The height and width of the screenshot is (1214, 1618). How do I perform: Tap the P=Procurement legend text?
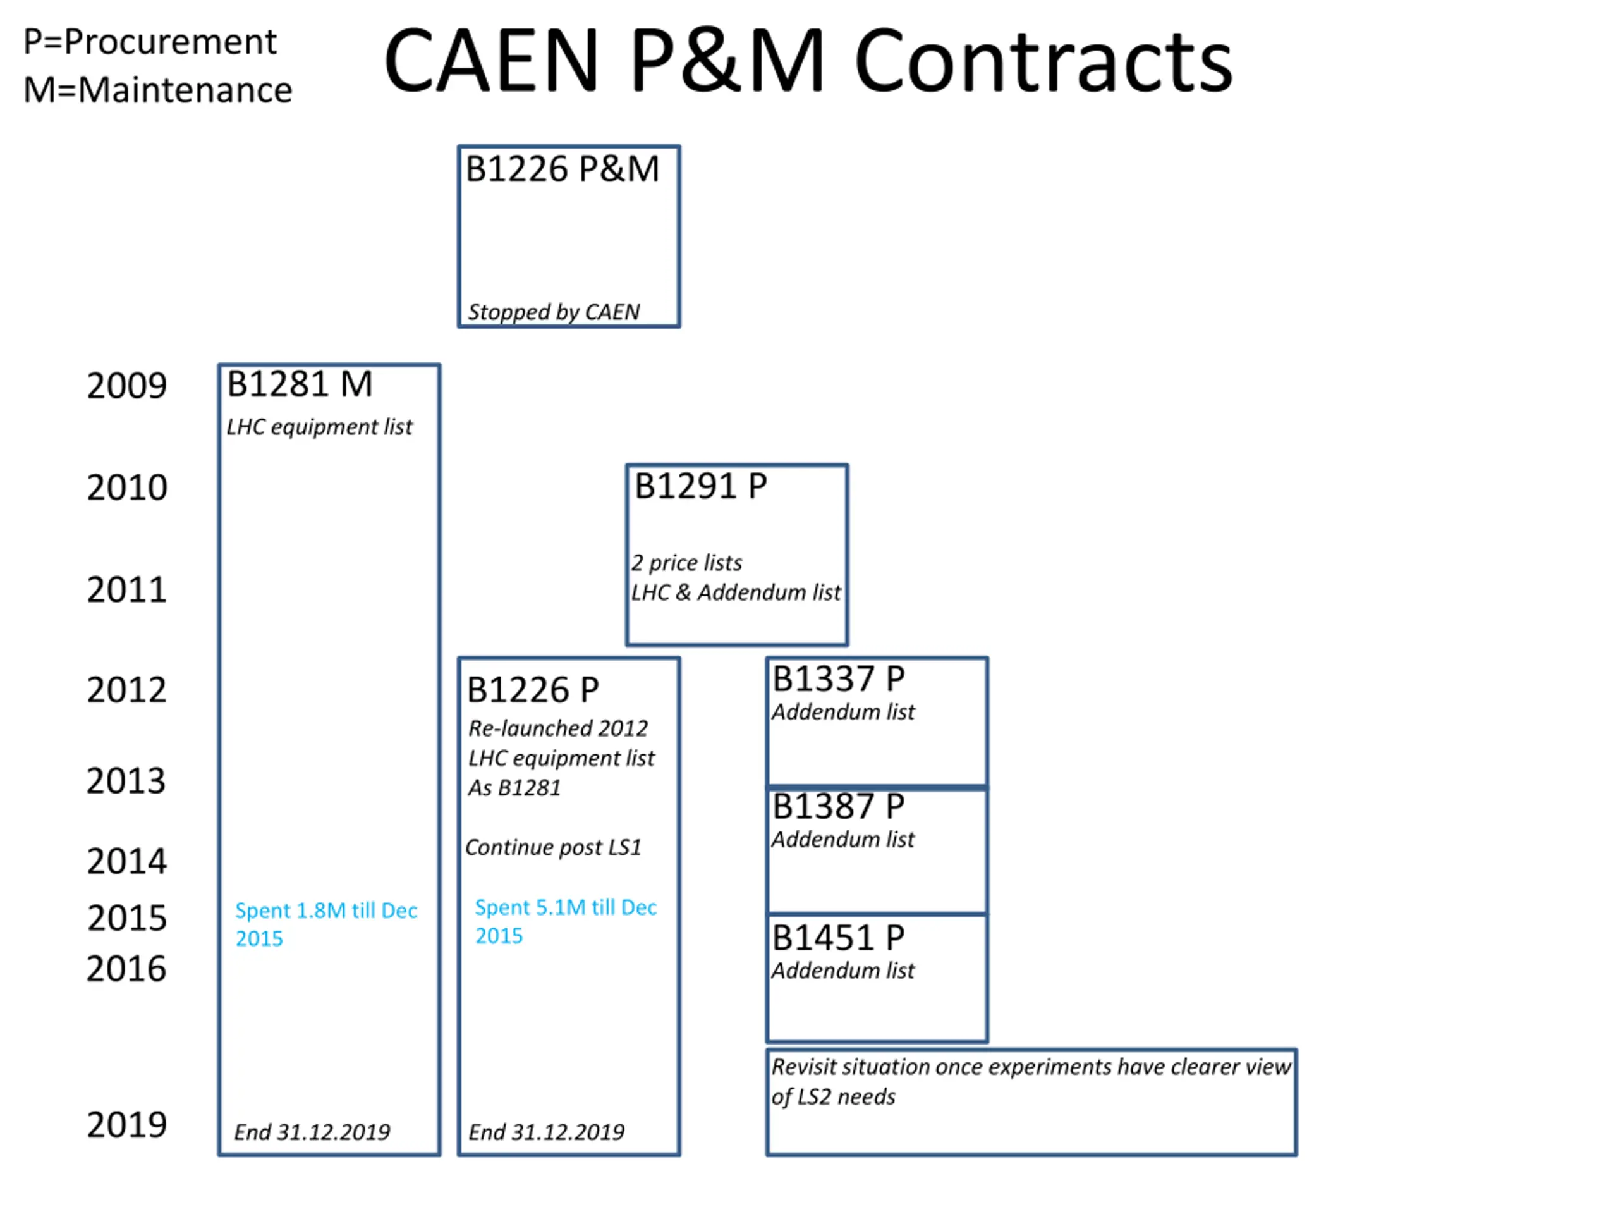[150, 42]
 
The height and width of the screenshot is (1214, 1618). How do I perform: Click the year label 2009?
[126, 386]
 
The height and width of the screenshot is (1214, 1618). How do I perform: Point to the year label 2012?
[126, 690]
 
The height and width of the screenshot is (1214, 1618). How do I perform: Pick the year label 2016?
[126, 969]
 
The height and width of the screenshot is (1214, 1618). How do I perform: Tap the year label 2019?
[126, 1125]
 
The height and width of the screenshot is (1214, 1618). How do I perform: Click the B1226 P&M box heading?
[562, 169]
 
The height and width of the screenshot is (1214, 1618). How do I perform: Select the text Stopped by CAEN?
[554, 312]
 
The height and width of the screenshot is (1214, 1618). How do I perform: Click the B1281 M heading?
[299, 384]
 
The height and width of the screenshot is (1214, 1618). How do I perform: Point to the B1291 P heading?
[700, 486]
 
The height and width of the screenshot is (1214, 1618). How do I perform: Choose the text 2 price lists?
[686, 563]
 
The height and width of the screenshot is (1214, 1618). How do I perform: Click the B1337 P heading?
[838, 679]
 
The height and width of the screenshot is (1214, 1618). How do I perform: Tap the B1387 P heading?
[838, 806]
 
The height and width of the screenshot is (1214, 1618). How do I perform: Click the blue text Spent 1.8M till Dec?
[325, 910]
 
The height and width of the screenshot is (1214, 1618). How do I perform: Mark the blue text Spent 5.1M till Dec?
[566, 907]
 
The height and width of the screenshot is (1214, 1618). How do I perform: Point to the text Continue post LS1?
[553, 847]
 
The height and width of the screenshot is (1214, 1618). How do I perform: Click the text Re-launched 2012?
[557, 728]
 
